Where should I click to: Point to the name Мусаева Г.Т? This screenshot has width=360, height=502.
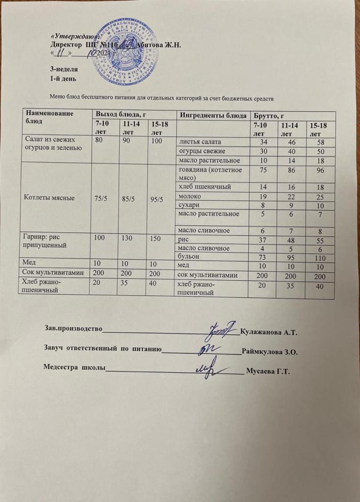(x=269, y=371)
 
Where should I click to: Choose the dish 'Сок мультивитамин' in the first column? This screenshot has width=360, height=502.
(x=55, y=276)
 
